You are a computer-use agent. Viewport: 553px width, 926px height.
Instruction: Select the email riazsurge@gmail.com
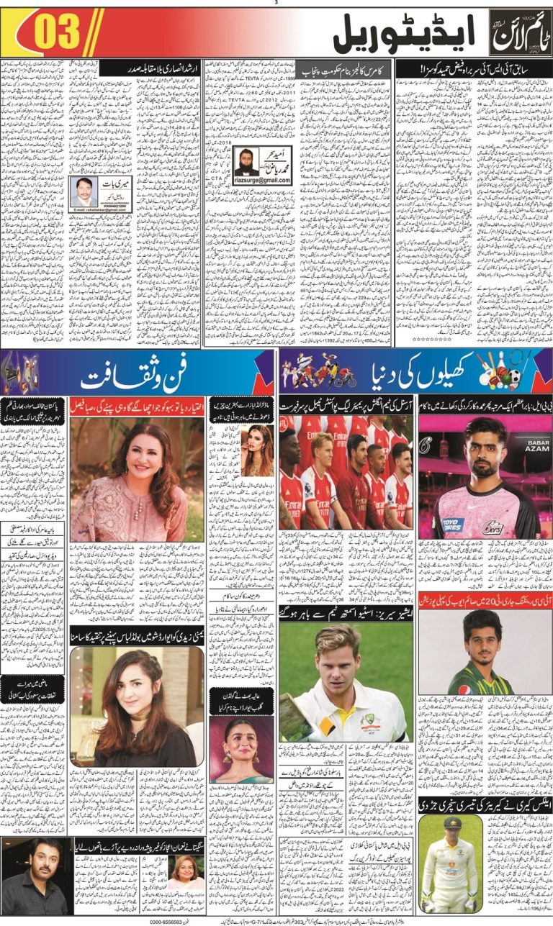coord(263,180)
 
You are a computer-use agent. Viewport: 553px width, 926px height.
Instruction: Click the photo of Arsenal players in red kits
coord(346,471)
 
